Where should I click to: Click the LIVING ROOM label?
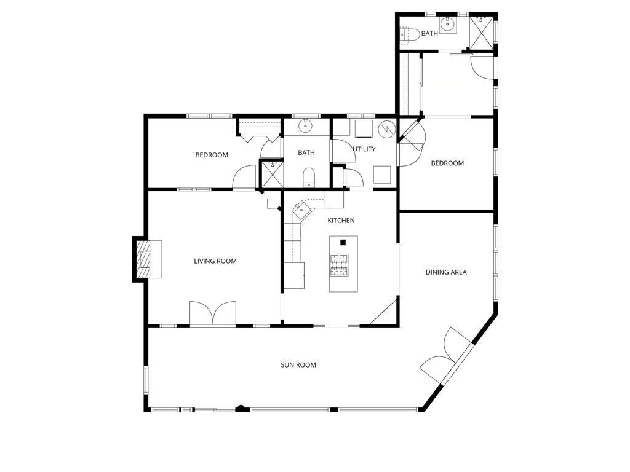(215, 261)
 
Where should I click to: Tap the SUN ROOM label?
(298, 365)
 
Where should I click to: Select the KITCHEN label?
(341, 221)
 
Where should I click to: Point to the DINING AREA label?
(446, 272)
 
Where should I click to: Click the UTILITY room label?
(364, 149)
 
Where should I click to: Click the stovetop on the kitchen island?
(339, 265)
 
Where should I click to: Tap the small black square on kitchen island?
(343, 242)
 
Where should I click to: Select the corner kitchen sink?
(301, 209)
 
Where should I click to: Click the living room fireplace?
(148, 259)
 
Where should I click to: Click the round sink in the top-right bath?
(447, 25)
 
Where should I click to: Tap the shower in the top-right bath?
(481, 33)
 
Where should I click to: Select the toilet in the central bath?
(309, 178)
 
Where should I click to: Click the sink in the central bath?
(306, 125)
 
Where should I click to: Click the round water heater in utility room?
(387, 128)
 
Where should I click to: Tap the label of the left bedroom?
(212, 155)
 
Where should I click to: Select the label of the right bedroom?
(447, 163)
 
